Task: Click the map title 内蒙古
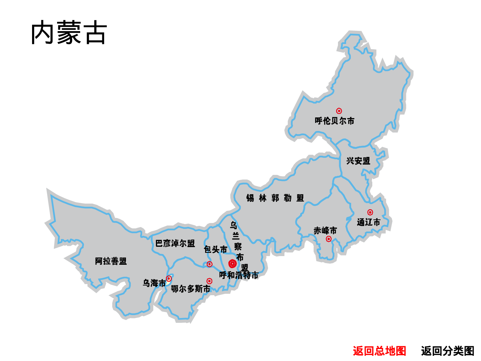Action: pos(69,33)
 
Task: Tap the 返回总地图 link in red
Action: pos(379,351)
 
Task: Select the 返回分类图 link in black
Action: pos(447,351)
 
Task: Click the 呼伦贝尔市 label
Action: pos(334,121)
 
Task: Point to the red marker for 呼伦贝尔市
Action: pos(339,111)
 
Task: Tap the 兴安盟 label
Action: pos(358,161)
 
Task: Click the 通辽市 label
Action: pos(368,222)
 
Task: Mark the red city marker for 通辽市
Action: pos(370,212)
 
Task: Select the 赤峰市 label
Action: pos(325,230)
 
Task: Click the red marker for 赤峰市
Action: pos(329,239)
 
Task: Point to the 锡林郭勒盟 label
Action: pos(275,198)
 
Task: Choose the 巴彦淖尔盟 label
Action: pos(175,244)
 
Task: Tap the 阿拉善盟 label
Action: pos(111,261)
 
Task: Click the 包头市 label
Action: pos(215,249)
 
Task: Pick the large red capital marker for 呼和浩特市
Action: pos(232,264)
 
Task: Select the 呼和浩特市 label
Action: pos(239,275)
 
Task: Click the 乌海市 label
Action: pos(154,283)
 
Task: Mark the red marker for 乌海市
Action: pos(169,279)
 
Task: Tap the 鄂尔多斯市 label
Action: pos(190,289)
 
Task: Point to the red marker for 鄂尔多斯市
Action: pos(209,281)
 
